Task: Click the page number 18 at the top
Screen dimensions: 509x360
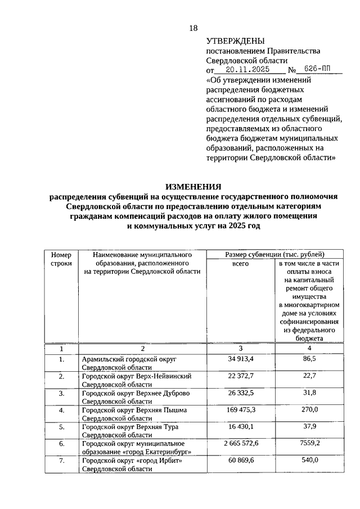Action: point(193,28)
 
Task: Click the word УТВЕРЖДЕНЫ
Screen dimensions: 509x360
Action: point(235,41)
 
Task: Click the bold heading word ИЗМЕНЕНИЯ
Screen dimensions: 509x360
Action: point(193,186)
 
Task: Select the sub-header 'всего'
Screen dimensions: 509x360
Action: point(240,263)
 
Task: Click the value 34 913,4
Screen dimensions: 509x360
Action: point(241,358)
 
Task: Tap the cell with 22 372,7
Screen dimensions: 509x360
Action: point(241,375)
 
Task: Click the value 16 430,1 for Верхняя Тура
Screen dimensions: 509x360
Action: point(241,426)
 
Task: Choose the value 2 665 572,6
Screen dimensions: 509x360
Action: point(241,443)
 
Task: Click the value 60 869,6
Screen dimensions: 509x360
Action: point(241,461)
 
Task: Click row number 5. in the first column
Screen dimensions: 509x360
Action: point(61,427)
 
